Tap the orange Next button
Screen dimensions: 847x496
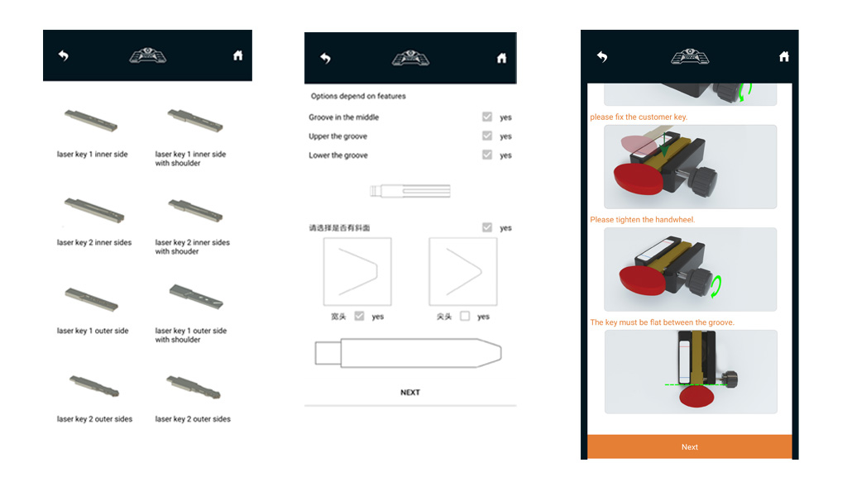tap(689, 446)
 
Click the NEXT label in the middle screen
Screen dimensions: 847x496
tap(410, 393)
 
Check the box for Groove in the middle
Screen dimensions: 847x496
tap(487, 117)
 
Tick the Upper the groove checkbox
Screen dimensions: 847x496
tap(487, 136)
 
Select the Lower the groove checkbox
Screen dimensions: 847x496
tap(487, 155)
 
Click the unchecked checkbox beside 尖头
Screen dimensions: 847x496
tap(465, 316)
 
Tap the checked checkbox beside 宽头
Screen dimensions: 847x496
tap(359, 316)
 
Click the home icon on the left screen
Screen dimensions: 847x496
tap(237, 55)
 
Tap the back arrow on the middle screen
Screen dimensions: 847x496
tap(325, 58)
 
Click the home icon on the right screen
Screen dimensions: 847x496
tap(784, 56)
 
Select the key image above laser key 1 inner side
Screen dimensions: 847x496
tap(91, 121)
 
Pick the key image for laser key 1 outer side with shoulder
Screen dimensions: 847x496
tap(195, 296)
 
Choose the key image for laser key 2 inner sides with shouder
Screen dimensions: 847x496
tap(195, 210)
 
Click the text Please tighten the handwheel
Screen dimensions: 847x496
tap(642, 220)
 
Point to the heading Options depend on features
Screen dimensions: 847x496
tap(358, 96)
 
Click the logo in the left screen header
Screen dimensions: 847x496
tap(147, 55)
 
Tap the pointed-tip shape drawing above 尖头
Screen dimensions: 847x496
tap(463, 271)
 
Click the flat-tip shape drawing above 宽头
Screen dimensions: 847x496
tap(357, 271)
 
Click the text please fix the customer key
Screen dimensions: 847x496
tap(639, 117)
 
